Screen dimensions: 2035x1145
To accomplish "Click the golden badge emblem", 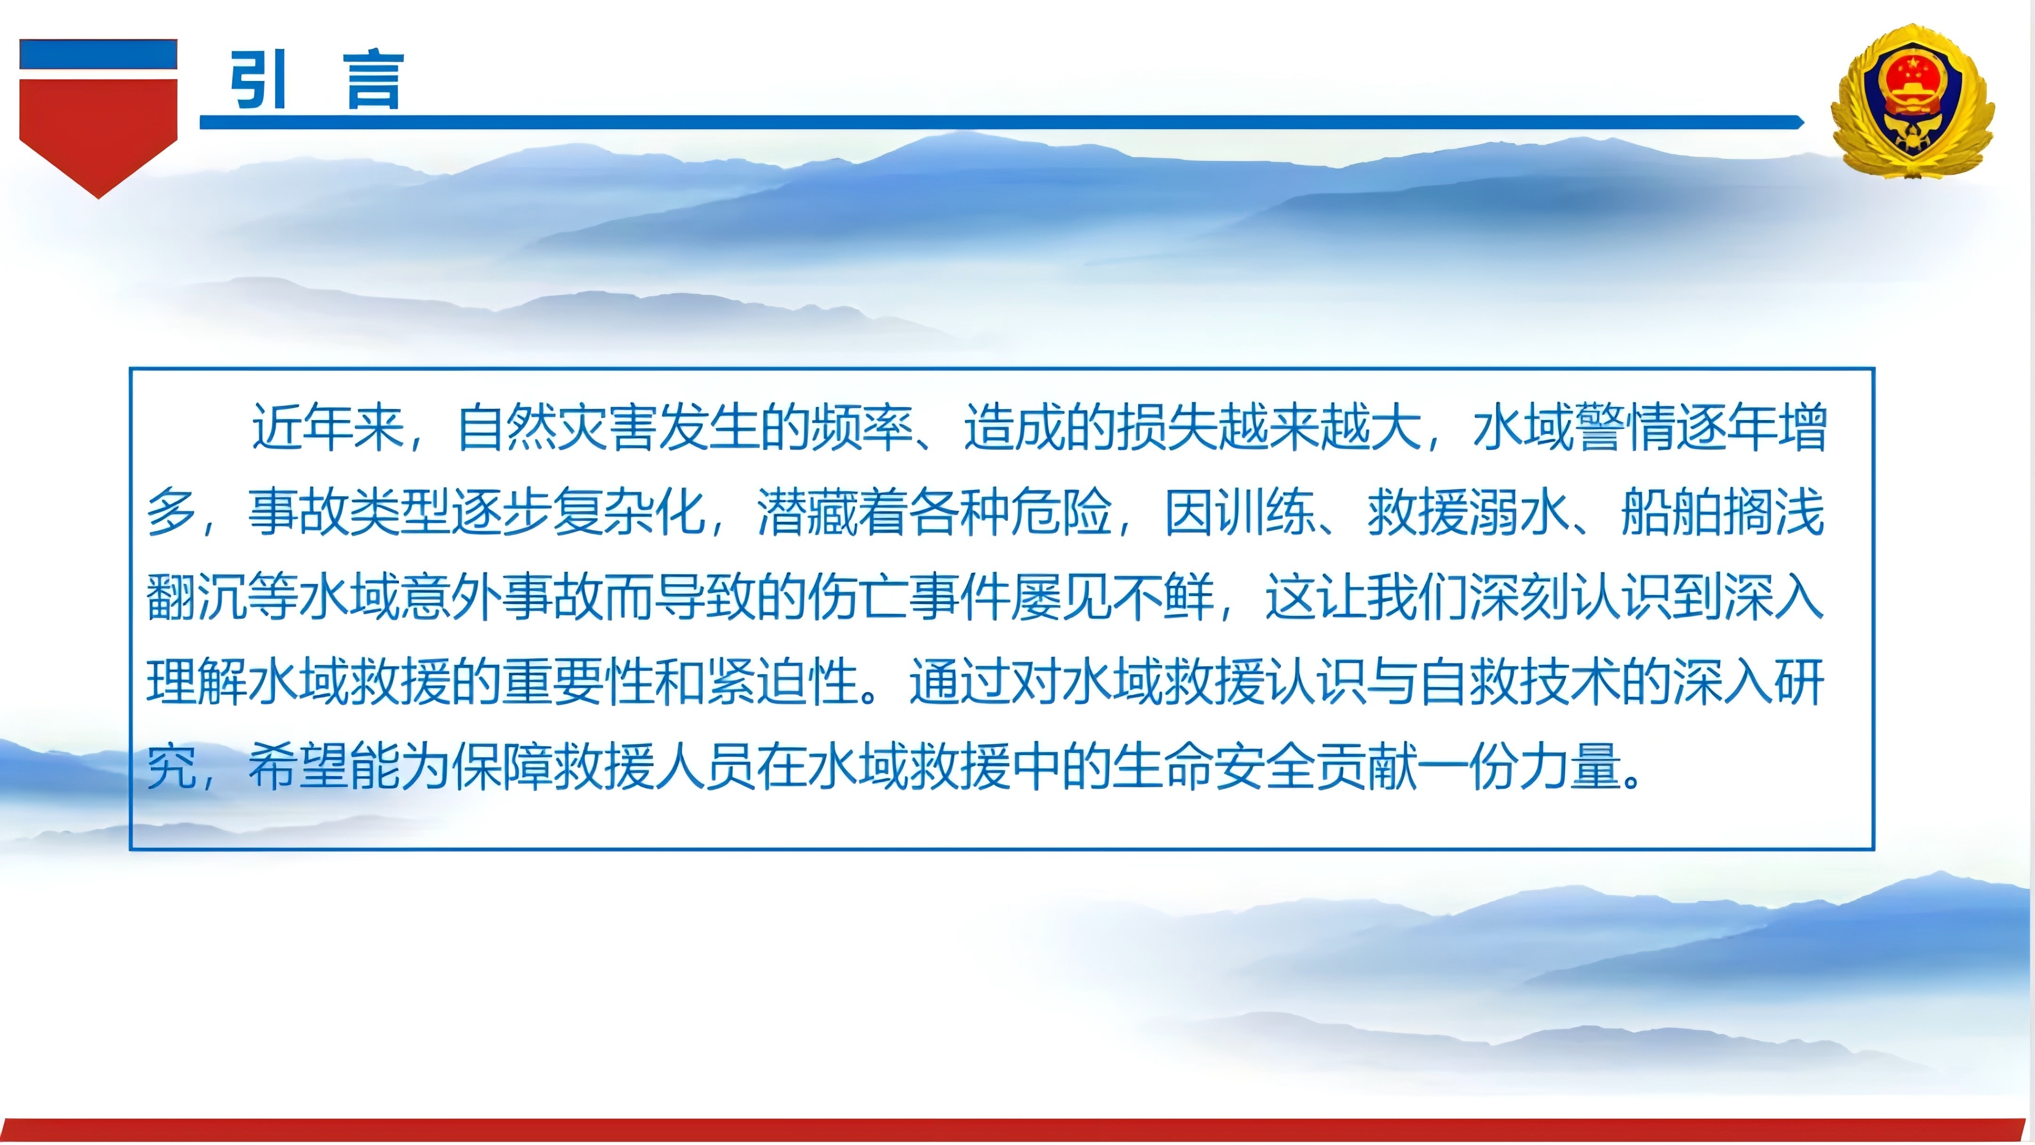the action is pyautogui.click(x=1912, y=101).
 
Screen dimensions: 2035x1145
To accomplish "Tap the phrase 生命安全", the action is pyautogui.click(x=1213, y=767).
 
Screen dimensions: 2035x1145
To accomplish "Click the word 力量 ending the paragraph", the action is pyautogui.click(x=1571, y=767).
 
